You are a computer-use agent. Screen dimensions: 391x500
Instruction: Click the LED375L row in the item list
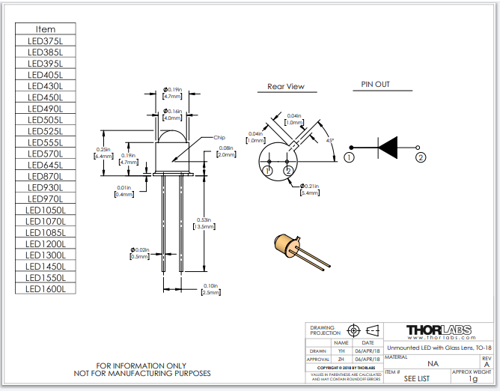pyautogui.click(x=46, y=41)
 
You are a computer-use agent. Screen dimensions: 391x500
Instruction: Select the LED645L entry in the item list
pyautogui.click(x=46, y=165)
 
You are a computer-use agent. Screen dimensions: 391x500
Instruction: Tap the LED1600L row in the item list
pyautogui.click(x=46, y=288)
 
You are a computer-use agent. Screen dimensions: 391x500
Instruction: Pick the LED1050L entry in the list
pyautogui.click(x=46, y=210)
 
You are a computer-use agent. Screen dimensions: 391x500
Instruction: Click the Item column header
pyautogui.click(x=46, y=29)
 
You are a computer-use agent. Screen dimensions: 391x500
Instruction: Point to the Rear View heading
pyautogui.click(x=286, y=87)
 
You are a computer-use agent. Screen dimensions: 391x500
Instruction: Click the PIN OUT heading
pyautogui.click(x=376, y=85)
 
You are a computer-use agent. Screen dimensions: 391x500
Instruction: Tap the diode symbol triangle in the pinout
pyautogui.click(x=387, y=148)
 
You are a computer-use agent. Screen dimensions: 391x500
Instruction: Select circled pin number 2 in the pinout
pyautogui.click(x=421, y=157)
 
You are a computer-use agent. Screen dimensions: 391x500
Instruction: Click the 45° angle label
pyautogui.click(x=329, y=140)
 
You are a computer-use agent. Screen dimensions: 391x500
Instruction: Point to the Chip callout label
pyautogui.click(x=219, y=138)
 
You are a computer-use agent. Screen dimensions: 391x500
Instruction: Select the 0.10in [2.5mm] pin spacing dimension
pyautogui.click(x=210, y=289)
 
